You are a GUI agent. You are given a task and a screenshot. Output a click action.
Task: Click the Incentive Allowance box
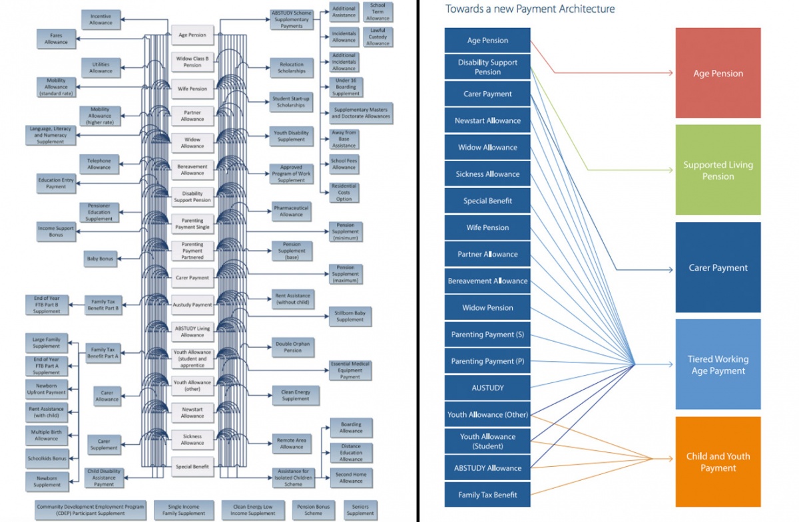pyautogui.click(x=101, y=19)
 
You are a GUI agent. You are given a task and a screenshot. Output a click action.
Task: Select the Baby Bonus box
pyautogui.click(x=101, y=259)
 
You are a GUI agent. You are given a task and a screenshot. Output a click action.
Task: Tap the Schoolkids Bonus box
pyautogui.click(x=47, y=459)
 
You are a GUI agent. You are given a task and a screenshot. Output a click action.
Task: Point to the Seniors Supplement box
pyautogui.click(x=360, y=510)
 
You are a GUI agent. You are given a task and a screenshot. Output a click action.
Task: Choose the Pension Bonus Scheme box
pyautogui.click(x=313, y=510)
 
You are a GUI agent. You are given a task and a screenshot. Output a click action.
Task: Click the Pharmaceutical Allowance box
pyautogui.click(x=291, y=211)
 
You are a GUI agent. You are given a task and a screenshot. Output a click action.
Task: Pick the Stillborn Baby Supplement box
pyautogui.click(x=350, y=316)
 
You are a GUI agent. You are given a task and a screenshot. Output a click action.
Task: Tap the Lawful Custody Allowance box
pyautogui.click(x=378, y=37)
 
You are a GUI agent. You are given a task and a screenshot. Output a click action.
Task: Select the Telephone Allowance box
pyautogui.click(x=99, y=164)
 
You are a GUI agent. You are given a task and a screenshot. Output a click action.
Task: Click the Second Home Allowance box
pyautogui.click(x=351, y=477)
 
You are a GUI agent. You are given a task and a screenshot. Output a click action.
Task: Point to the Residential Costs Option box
pyautogui.click(x=344, y=193)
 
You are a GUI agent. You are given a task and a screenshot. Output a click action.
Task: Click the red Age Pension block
pyautogui.click(x=718, y=73)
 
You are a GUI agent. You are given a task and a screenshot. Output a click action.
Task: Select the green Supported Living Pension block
pyautogui.click(x=718, y=170)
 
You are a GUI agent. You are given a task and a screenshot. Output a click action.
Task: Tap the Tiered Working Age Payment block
pyautogui.click(x=718, y=364)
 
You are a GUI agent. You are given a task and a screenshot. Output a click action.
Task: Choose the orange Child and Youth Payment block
pyautogui.click(x=718, y=461)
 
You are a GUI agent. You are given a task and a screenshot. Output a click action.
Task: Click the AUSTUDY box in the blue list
pyautogui.click(x=487, y=388)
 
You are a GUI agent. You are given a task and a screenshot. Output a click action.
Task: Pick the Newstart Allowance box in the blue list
pyautogui.click(x=487, y=120)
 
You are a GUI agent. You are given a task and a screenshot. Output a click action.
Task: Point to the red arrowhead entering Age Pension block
pyautogui.click(x=671, y=72)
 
